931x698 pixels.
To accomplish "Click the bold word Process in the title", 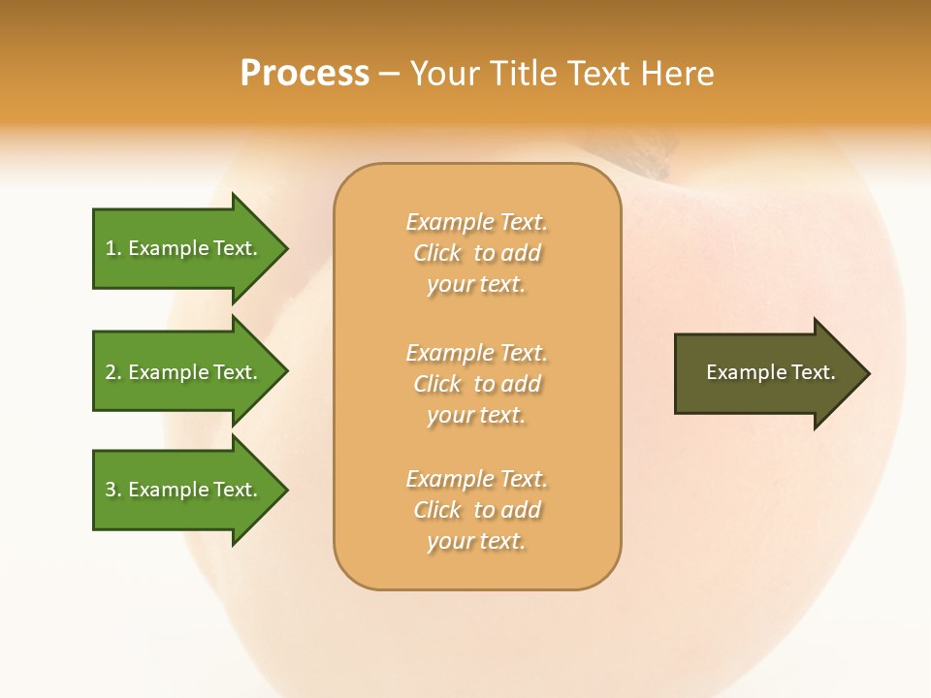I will pos(305,73).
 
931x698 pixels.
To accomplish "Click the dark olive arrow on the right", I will pos(766,373).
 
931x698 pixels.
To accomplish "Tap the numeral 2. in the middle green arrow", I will pos(112,372).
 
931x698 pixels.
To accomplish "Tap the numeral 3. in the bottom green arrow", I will pos(112,490).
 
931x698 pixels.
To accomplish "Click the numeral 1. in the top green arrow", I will pos(112,248).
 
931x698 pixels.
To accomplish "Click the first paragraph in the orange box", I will pos(476,253).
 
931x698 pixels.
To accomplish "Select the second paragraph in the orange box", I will pos(476,384).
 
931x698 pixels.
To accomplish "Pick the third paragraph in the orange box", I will pos(476,510).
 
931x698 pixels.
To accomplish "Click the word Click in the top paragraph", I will pos(437,253).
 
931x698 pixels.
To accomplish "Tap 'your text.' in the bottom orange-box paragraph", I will pos(476,541).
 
